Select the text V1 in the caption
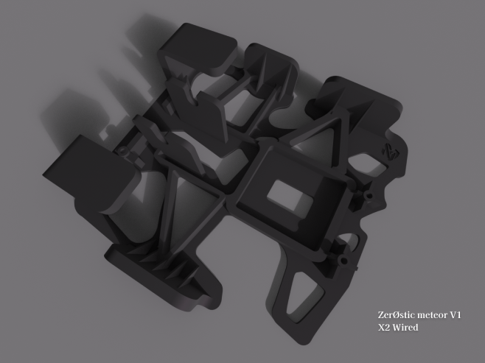pos(456,315)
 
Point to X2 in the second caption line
pos(384,328)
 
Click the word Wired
pos(405,327)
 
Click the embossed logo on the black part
pos(391,151)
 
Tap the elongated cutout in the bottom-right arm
pos(304,296)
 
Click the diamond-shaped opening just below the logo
pos(368,163)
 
